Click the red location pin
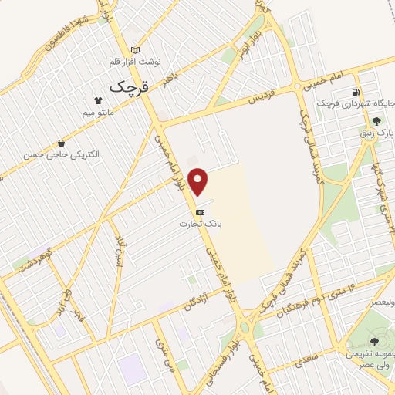tap(199, 181)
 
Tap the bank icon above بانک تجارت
tap(200, 211)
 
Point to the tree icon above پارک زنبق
tap(376, 121)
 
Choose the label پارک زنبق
tap(376, 133)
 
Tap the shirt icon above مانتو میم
tap(98, 101)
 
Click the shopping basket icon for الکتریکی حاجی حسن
tap(61, 143)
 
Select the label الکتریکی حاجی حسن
tap(61, 154)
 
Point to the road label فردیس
tap(262, 100)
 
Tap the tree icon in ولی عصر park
tap(375, 340)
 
